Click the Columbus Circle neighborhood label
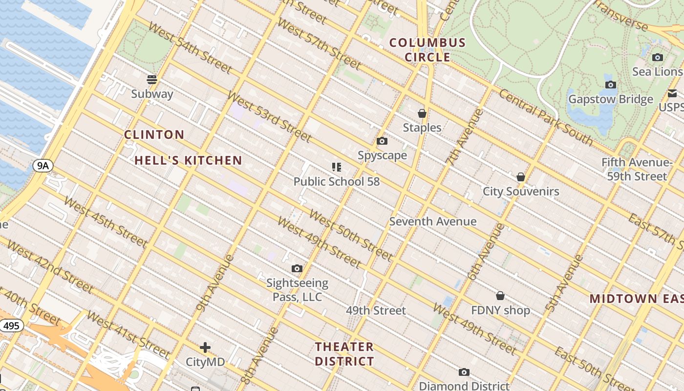click(x=427, y=50)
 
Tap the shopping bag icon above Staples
click(x=422, y=113)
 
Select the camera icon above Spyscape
click(x=382, y=141)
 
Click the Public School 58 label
click(x=336, y=181)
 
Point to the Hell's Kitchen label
click(x=188, y=160)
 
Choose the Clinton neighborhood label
click(x=154, y=134)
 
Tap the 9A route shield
click(x=43, y=166)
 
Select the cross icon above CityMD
click(x=205, y=348)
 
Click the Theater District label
click(x=344, y=354)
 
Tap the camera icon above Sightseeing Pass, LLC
click(x=297, y=268)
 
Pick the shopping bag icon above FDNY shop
click(x=500, y=296)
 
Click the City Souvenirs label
click(x=521, y=191)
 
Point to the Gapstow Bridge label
click(x=610, y=99)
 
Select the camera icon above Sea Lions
click(x=658, y=57)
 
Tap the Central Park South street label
click(x=546, y=117)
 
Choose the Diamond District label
click(x=464, y=386)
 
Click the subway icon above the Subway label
click(x=152, y=79)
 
